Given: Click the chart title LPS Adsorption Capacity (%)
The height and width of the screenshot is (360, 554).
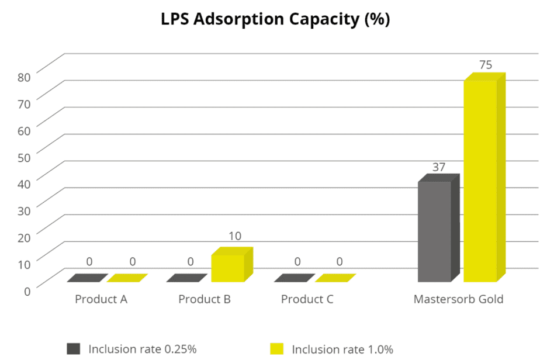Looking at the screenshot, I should coord(275,19).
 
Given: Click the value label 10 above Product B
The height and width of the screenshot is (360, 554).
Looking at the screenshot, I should coord(234,236).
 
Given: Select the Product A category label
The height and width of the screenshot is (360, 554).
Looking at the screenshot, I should coord(101,299).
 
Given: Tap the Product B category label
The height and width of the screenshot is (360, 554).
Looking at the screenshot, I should coord(205,299).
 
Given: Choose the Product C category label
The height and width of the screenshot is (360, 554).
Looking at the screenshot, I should coord(307,299).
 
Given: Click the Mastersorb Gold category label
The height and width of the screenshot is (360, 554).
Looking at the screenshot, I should coord(458,299).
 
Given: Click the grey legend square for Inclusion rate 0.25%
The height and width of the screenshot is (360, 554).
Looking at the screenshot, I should coord(73,349).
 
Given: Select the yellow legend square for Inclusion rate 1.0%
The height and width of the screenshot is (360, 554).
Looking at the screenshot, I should coord(276,349).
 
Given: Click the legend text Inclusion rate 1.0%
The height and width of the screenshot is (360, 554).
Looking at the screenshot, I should coord(342,349).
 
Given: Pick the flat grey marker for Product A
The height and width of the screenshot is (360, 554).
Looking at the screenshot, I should coord(87,278).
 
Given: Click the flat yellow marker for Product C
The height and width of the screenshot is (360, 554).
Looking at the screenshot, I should coord(335,278).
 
